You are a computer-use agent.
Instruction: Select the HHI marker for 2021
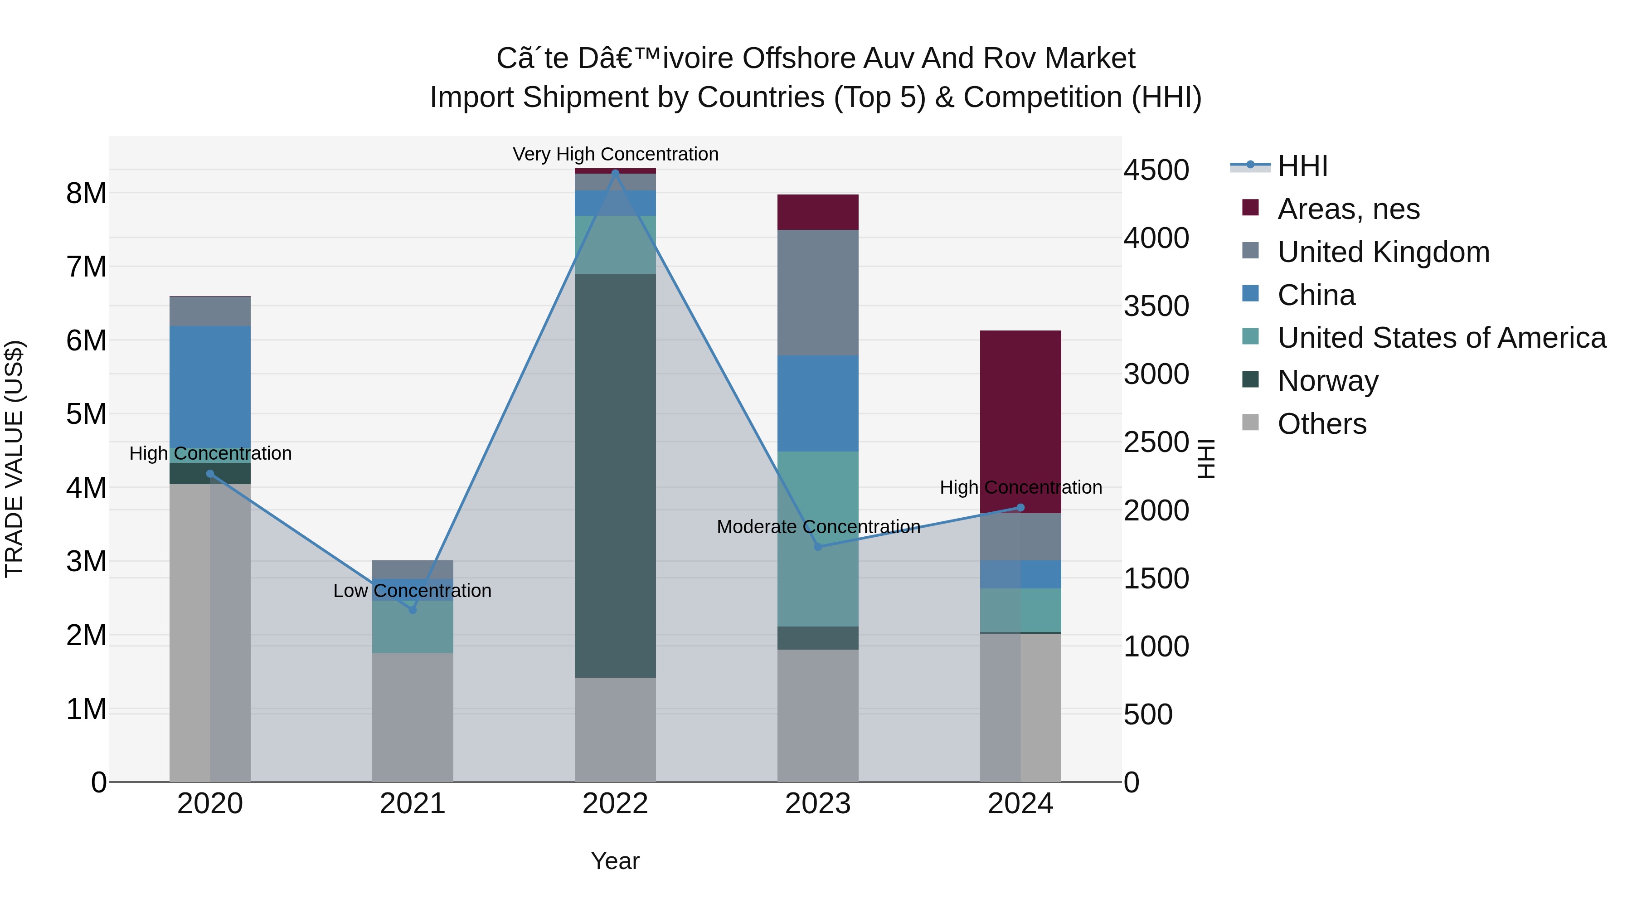[x=413, y=609]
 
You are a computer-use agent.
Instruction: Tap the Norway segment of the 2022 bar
[x=615, y=475]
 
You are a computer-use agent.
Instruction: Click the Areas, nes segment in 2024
[x=1020, y=421]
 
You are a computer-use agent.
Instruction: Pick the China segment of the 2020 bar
[x=210, y=386]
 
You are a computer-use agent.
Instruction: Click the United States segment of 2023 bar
[x=817, y=539]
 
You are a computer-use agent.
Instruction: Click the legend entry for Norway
[x=1327, y=381]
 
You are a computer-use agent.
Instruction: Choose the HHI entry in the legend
[x=1302, y=166]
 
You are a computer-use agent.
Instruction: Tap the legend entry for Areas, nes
[x=1348, y=209]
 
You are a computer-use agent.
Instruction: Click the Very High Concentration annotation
[x=615, y=154]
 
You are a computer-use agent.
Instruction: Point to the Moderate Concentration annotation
[x=818, y=526]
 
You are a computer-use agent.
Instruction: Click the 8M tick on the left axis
[x=86, y=193]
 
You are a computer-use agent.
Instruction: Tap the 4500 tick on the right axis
[x=1156, y=170]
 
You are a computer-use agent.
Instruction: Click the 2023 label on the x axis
[x=817, y=804]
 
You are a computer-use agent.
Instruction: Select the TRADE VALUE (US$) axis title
[x=14, y=459]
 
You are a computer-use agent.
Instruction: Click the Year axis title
[x=615, y=861]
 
